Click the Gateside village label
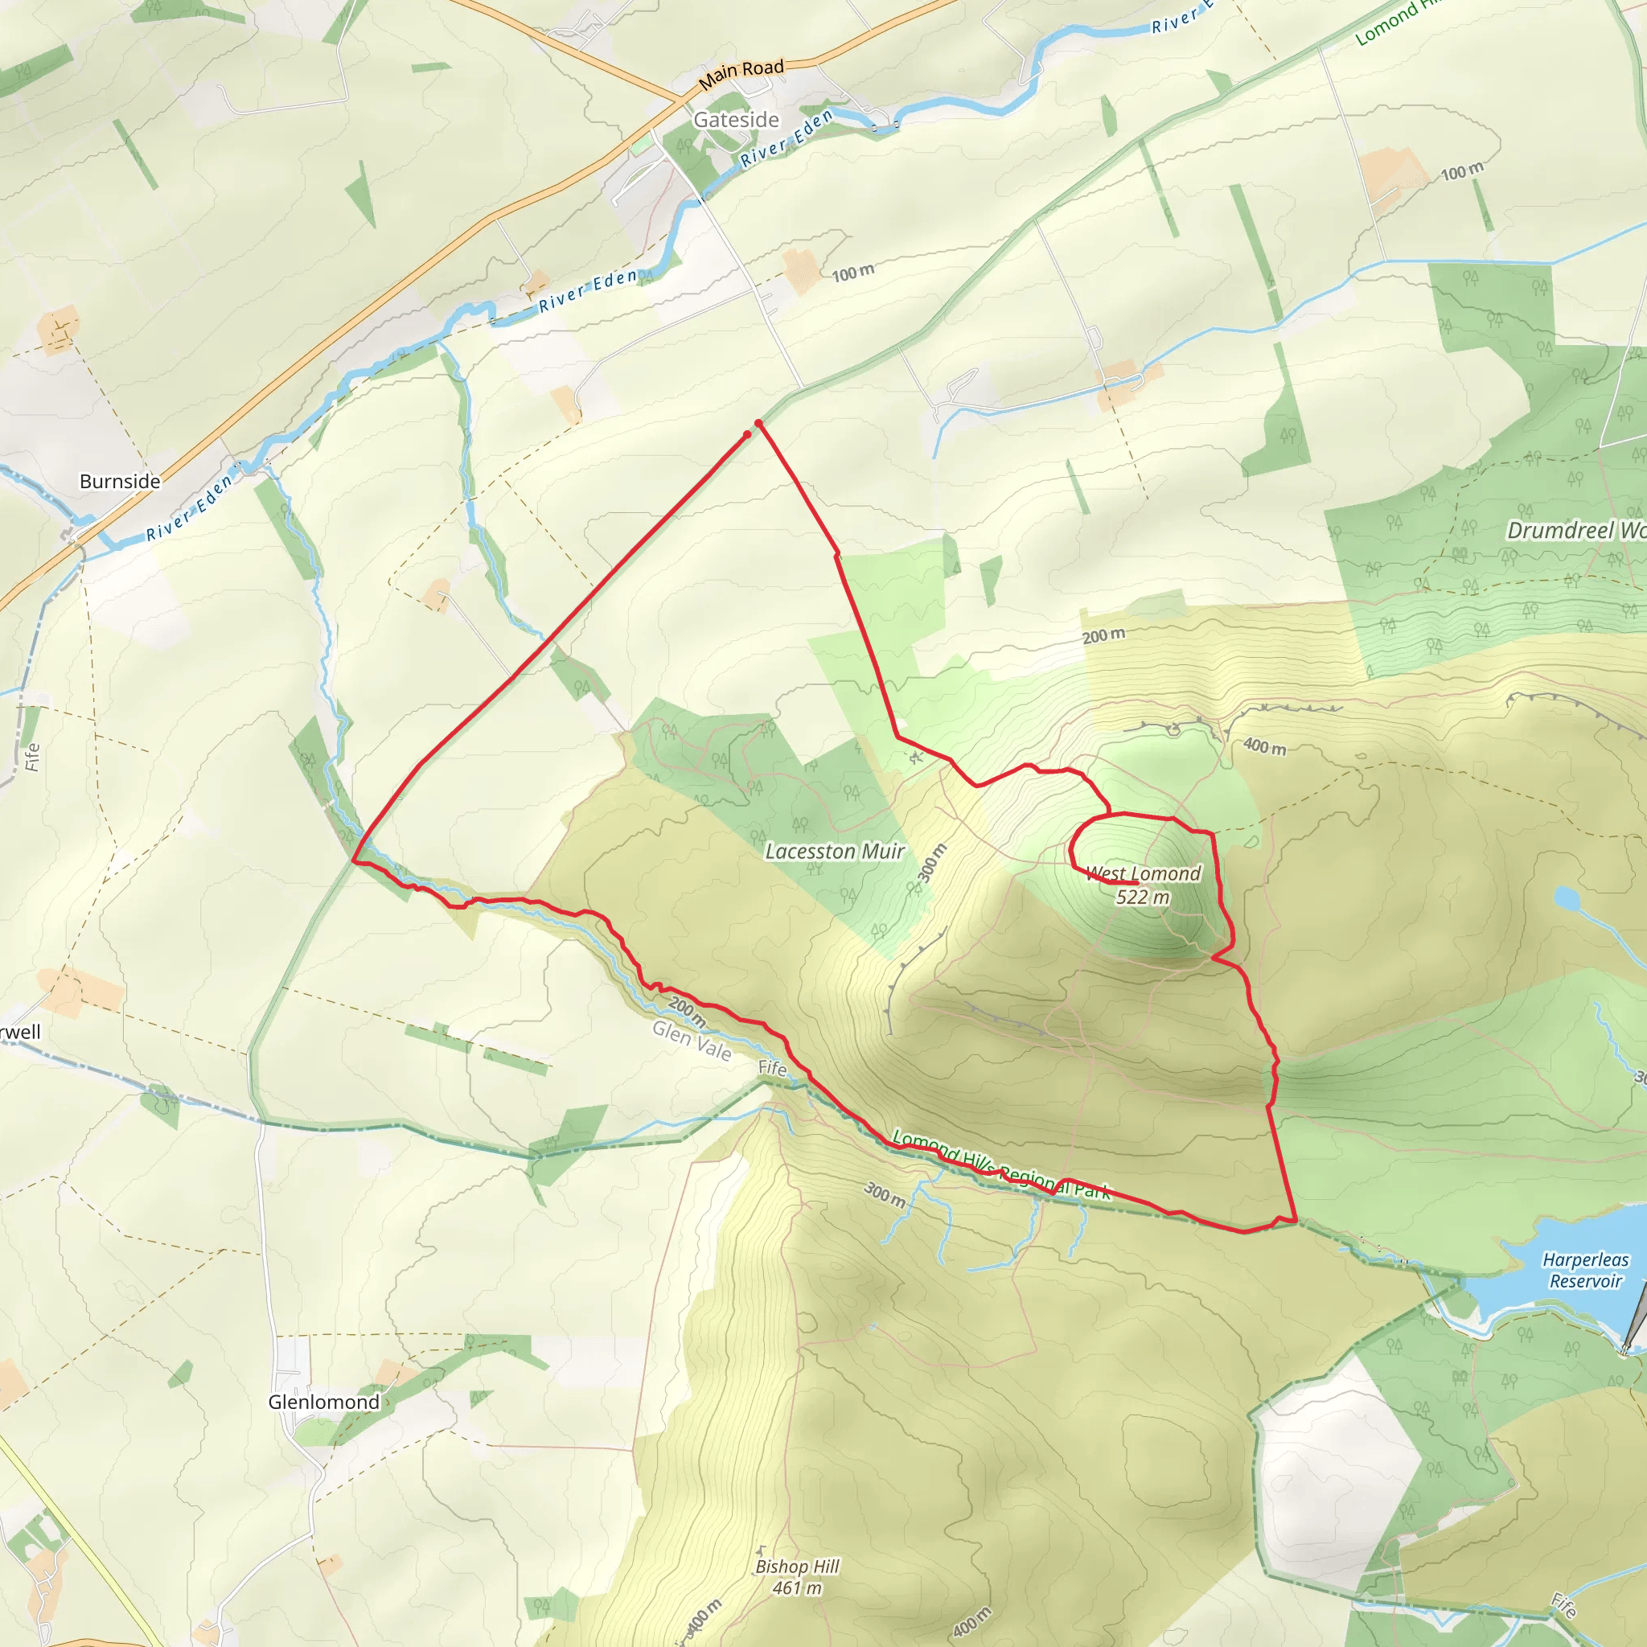tap(736, 120)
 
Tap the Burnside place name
tap(119, 482)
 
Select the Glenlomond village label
tap(324, 1403)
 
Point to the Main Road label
tap(741, 74)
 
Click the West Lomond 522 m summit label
tap(1144, 885)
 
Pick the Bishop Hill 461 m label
tap(797, 1577)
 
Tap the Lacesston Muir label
tap(835, 852)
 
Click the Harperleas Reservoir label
tap(1586, 1270)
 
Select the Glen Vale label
tap(692, 1041)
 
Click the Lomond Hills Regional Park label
tap(1002, 1165)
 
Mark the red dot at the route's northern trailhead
tap(758, 423)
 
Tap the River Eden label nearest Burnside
tap(189, 509)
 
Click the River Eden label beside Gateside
tap(786, 139)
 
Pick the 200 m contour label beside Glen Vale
tap(687, 1011)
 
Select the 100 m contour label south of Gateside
tap(852, 273)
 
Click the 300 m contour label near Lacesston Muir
tap(932, 864)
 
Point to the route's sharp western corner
tap(354, 861)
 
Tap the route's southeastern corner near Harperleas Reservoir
tap(1295, 1221)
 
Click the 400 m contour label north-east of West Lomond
tap(1264, 747)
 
